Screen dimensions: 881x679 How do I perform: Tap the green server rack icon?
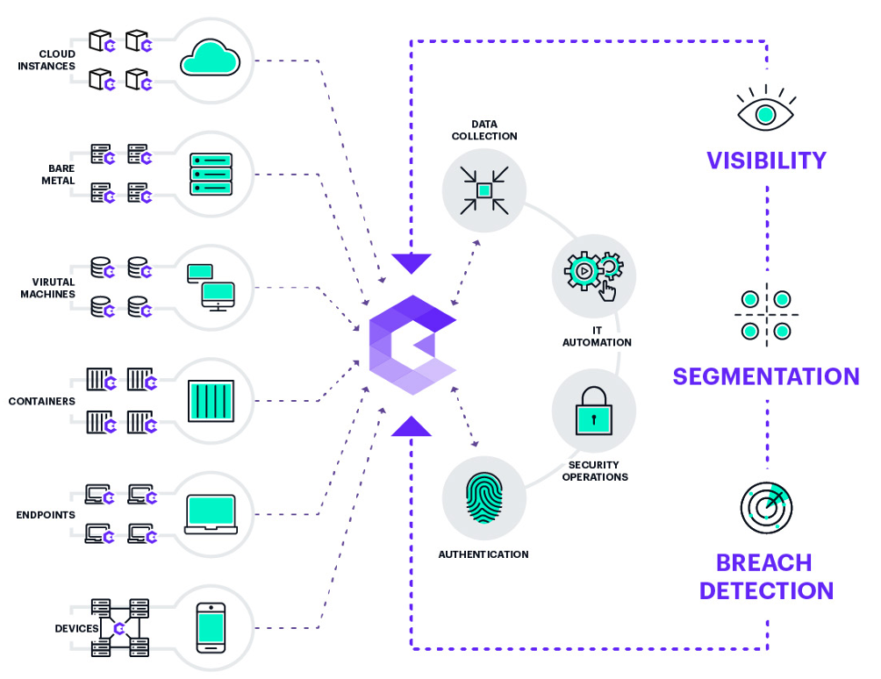211,174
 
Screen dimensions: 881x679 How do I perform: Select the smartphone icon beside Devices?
211,628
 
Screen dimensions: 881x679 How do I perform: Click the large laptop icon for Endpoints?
211,514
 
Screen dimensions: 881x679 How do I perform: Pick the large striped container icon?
211,400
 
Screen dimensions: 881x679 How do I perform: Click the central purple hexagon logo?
412,345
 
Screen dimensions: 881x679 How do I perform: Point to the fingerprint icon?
483,498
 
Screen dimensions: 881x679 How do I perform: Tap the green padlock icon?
594,411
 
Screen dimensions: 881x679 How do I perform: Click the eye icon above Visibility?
765,109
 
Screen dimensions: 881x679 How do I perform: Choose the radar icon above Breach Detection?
766,508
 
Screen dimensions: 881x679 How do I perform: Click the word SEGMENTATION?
766,376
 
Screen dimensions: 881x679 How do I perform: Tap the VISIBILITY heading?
766,161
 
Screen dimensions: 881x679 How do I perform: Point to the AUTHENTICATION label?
483,554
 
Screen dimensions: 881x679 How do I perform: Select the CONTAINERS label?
41,401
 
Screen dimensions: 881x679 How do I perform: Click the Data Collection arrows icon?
483,190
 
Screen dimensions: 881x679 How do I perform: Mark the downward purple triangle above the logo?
412,263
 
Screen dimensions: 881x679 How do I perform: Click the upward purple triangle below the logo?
412,426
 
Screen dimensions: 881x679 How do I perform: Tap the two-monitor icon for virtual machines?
211,288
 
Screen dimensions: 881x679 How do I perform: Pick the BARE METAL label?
59,174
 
